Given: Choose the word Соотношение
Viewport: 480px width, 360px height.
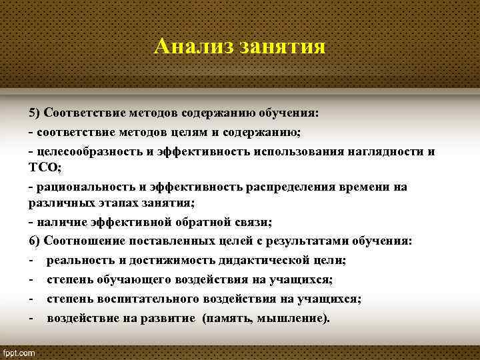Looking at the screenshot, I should coord(85,240).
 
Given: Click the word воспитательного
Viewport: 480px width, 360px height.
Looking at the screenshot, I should coord(146,299).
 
